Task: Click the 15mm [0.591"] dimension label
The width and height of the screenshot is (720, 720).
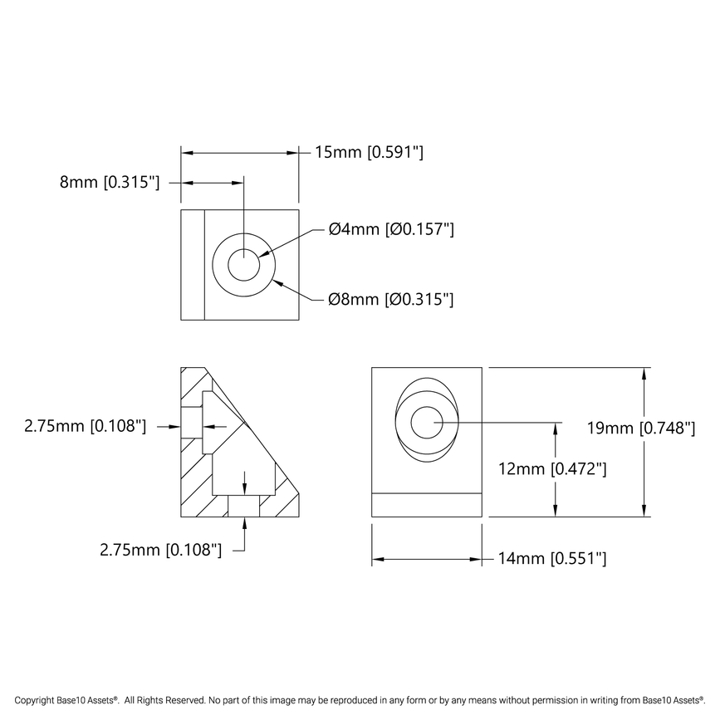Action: coord(370,152)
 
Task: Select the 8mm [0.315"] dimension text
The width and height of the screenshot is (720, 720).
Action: coord(109,183)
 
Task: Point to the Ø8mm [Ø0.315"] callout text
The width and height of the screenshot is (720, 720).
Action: coord(391,299)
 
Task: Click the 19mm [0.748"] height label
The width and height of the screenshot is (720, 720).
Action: coord(639,429)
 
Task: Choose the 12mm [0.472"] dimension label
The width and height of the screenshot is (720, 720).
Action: coord(551,468)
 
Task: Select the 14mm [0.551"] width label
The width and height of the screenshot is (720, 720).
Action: coord(551,559)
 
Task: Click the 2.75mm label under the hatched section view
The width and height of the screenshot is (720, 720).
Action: coord(160,549)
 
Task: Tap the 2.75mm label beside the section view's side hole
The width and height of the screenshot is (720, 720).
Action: coord(86,426)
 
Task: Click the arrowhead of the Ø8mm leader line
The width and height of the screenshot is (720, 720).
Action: coord(277,282)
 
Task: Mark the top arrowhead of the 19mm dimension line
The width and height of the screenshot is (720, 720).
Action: coord(644,373)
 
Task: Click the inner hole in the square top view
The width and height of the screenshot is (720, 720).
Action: coord(244,267)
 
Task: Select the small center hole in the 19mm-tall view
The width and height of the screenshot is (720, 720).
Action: coord(427,423)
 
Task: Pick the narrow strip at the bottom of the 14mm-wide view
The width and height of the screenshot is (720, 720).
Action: coord(426,505)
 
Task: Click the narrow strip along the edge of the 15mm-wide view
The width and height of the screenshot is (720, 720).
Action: coord(193,265)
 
